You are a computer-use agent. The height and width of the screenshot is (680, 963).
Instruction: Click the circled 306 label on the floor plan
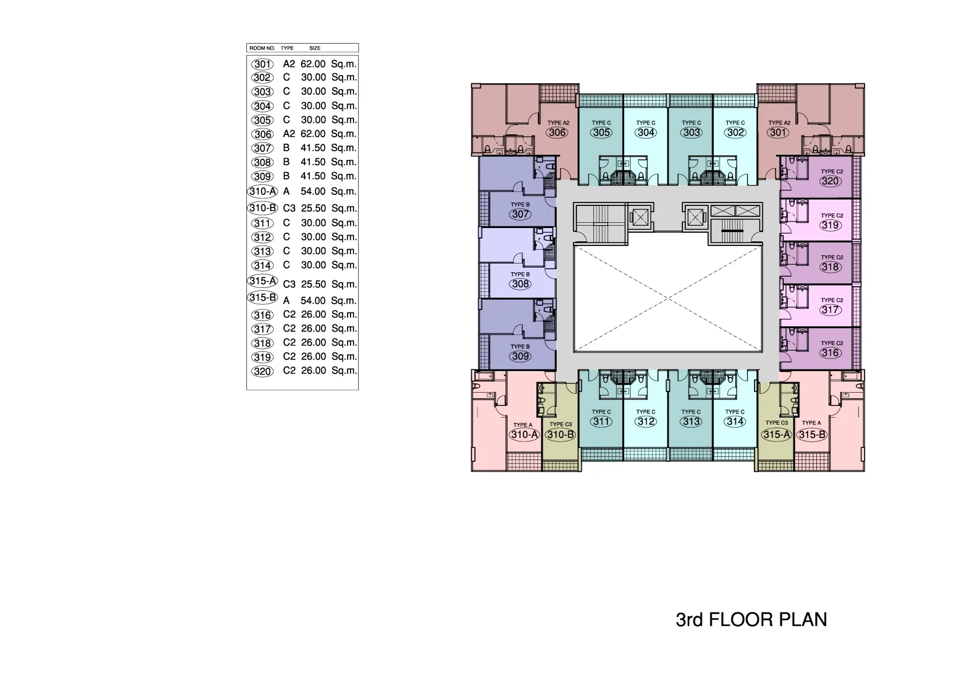[x=558, y=132]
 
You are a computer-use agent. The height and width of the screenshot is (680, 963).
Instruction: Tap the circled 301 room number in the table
[x=262, y=65]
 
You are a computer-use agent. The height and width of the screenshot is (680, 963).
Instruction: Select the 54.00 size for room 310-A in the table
[x=313, y=191]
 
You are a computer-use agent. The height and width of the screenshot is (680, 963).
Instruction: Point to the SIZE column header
[x=315, y=48]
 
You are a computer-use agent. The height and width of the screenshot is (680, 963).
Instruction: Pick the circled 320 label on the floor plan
[x=830, y=181]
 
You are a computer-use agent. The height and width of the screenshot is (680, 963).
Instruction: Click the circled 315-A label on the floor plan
[x=777, y=435]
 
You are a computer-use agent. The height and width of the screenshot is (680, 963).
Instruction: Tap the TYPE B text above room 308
[x=520, y=274]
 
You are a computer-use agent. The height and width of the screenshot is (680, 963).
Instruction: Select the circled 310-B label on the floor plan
[x=560, y=435]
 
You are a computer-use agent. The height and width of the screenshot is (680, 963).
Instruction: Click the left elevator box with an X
[x=640, y=218]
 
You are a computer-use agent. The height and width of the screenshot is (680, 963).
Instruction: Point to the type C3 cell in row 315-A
[x=289, y=284]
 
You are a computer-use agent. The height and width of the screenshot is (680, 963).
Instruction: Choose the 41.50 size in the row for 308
[x=313, y=162]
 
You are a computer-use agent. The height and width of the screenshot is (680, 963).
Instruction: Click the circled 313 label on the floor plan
[x=691, y=421]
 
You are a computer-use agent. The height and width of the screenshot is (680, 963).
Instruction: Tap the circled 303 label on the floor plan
[x=691, y=132]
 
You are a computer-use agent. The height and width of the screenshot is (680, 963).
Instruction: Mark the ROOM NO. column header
[x=262, y=48]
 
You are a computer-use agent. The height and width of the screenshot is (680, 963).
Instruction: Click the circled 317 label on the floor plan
[x=830, y=309]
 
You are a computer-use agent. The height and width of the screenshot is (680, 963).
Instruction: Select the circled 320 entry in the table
[x=262, y=371]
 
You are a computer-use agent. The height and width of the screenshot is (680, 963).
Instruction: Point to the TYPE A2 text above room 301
[x=779, y=123]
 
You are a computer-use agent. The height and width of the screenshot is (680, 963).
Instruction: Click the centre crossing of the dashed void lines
[x=668, y=298]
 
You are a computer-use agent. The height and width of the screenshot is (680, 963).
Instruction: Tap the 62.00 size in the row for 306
[x=313, y=134]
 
